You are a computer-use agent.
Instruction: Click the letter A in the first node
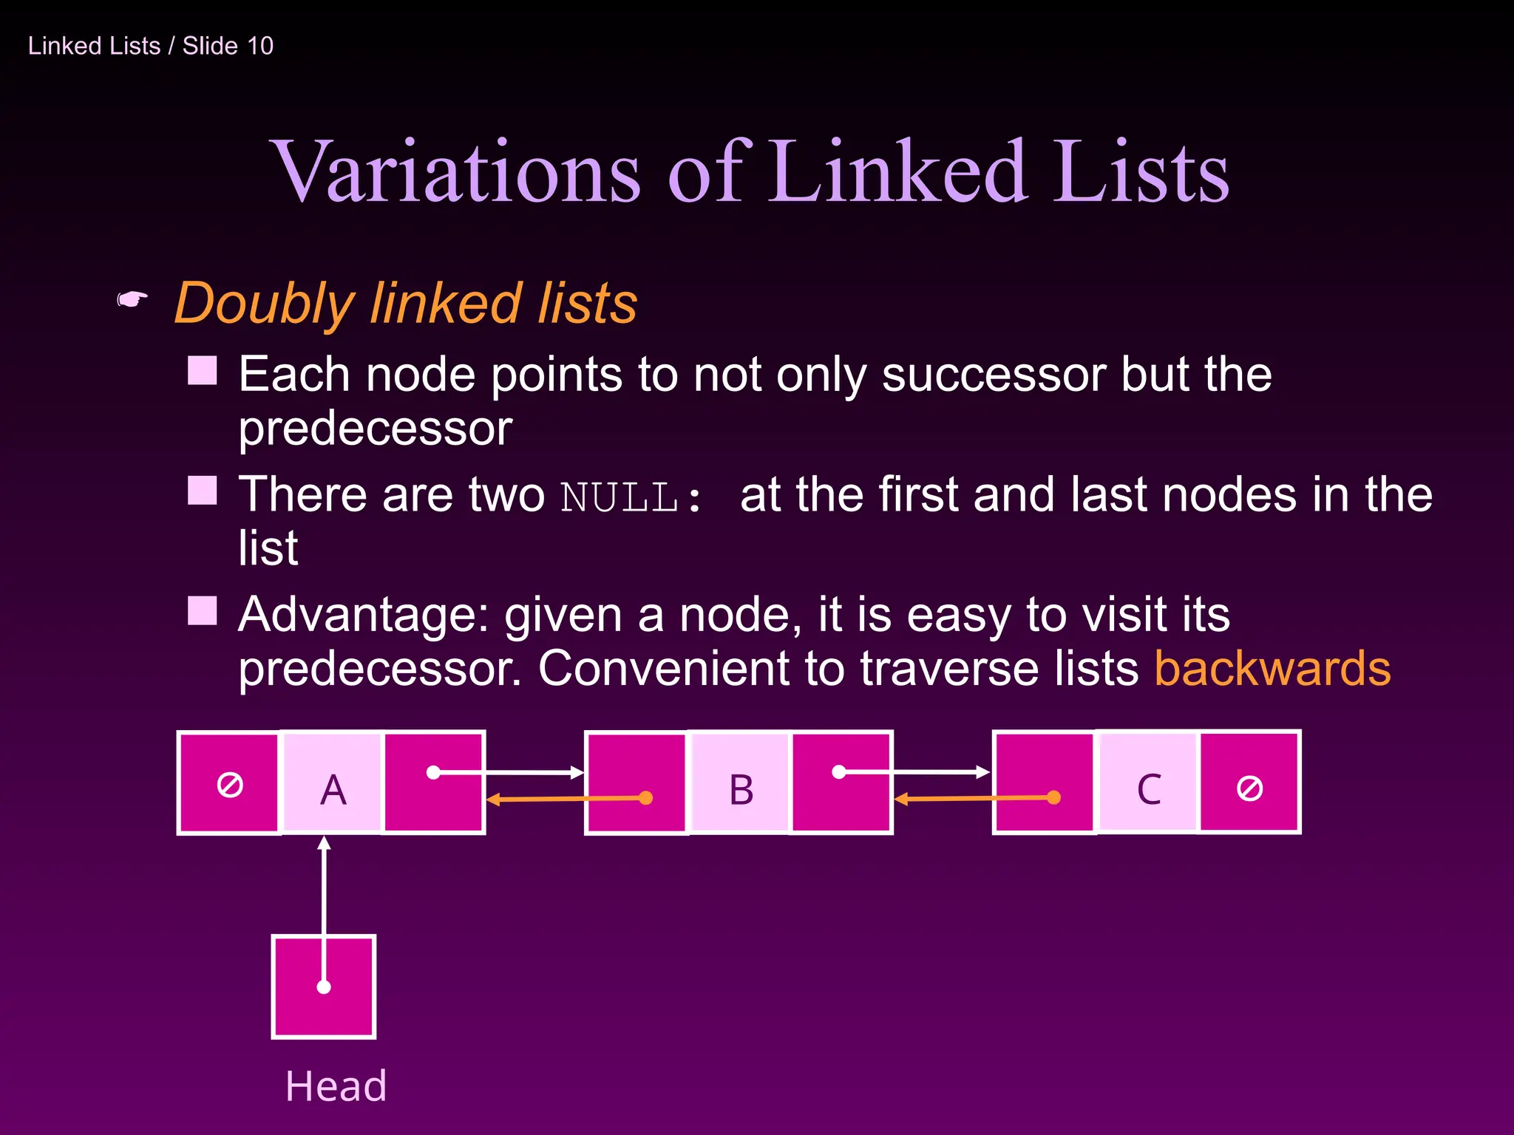(333, 789)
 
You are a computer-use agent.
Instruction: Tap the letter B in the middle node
(741, 789)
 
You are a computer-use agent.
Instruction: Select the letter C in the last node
(1149, 789)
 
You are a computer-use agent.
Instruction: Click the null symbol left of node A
(230, 784)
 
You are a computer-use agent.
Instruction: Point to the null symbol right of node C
(1249, 788)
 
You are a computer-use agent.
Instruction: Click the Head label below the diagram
(336, 1085)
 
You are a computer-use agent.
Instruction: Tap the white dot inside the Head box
(324, 986)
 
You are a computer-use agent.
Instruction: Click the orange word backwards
(1272, 668)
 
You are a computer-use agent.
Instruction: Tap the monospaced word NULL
(619, 497)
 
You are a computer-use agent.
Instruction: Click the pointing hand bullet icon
(132, 300)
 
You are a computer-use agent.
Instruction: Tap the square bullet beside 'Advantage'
(202, 611)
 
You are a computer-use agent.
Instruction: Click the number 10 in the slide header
(260, 46)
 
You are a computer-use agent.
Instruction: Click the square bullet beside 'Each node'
(202, 370)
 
